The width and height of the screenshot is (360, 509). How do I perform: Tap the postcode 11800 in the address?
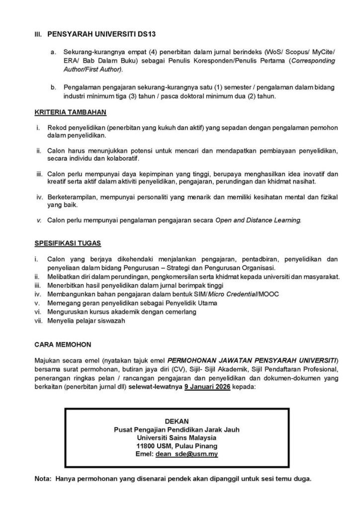coord(147,445)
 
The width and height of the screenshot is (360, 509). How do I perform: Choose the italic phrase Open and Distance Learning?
coord(258,220)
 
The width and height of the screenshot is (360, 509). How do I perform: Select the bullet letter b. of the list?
coord(53,87)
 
